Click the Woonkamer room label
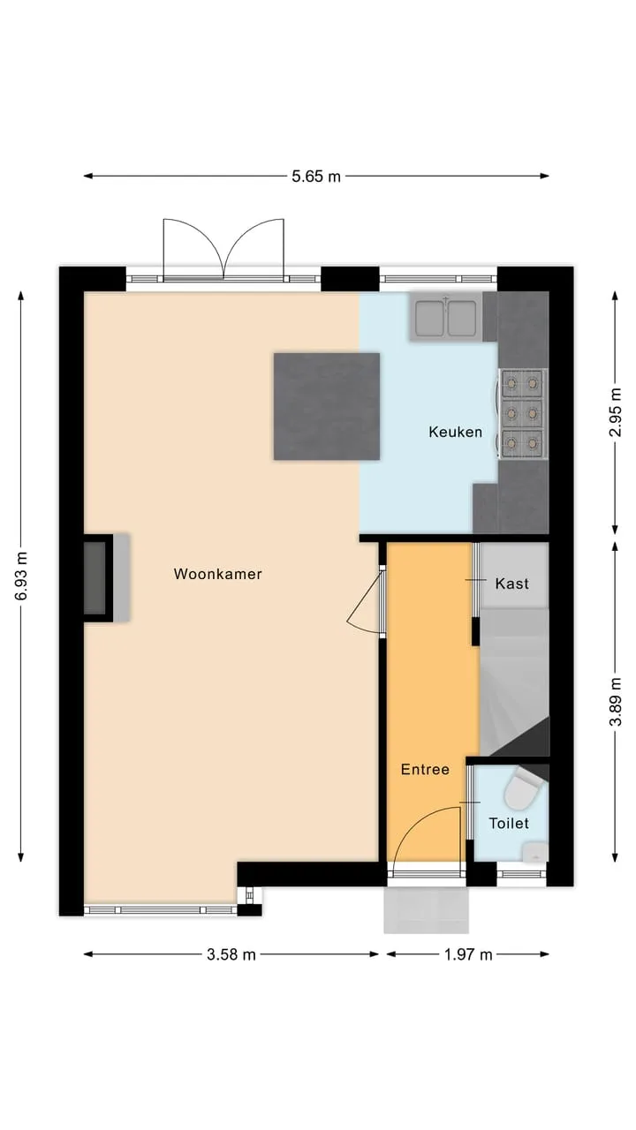click(217, 574)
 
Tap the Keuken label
click(455, 432)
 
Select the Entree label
click(425, 769)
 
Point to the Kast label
click(511, 584)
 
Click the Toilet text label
click(509, 824)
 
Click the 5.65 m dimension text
click(316, 177)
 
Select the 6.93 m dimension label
click(21, 576)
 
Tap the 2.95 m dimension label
click(615, 412)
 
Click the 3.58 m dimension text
click(231, 954)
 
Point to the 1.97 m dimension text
click(468, 954)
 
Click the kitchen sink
click(446, 318)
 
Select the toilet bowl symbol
click(523, 792)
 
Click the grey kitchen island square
click(327, 407)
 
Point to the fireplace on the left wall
click(107, 577)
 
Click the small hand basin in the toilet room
click(535, 852)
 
